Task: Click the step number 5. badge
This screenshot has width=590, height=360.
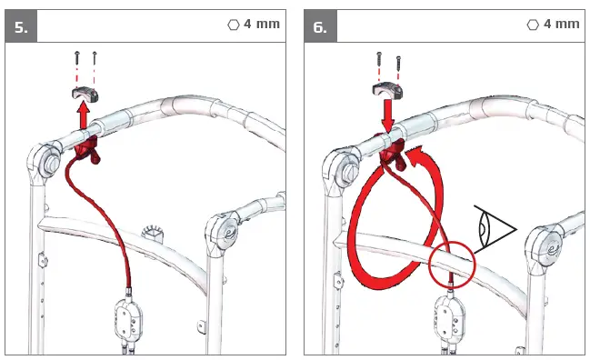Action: pos(21,26)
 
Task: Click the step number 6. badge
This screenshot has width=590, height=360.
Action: pos(320,26)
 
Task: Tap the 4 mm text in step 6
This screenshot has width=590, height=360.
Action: pos(561,24)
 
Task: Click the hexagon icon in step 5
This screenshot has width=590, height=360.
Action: pos(233,24)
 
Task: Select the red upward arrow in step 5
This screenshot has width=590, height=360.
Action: pos(83,116)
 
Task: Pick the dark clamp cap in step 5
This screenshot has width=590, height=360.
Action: pos(84,92)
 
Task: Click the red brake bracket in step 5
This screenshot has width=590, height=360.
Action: pos(88,151)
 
